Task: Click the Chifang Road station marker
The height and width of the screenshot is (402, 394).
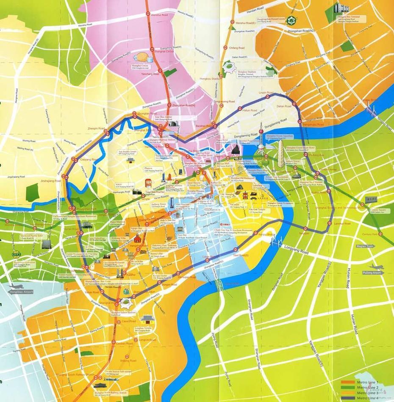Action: click(226, 48)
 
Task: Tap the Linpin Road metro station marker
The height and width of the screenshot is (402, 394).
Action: click(267, 97)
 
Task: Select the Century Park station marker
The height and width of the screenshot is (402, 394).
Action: click(380, 234)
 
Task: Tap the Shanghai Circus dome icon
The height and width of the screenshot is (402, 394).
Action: click(142, 57)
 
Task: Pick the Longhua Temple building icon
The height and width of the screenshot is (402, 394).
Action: click(147, 318)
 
